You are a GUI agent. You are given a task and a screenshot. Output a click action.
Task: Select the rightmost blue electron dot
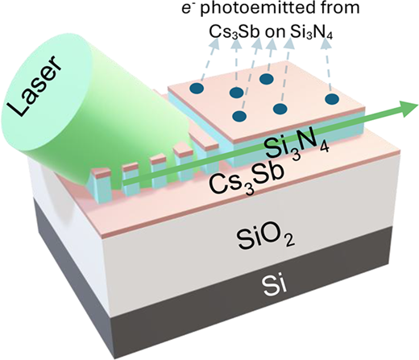(x=332, y=99)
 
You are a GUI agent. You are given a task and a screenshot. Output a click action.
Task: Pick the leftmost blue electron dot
(x=197, y=88)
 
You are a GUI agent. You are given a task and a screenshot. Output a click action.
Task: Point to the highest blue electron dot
(x=267, y=79)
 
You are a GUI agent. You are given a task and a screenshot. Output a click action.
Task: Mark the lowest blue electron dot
(x=239, y=116)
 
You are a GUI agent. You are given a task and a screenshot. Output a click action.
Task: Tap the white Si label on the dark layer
(x=273, y=286)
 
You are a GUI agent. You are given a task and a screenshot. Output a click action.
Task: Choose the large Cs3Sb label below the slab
(x=246, y=180)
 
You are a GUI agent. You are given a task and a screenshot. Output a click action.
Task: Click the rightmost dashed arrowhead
(x=326, y=43)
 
